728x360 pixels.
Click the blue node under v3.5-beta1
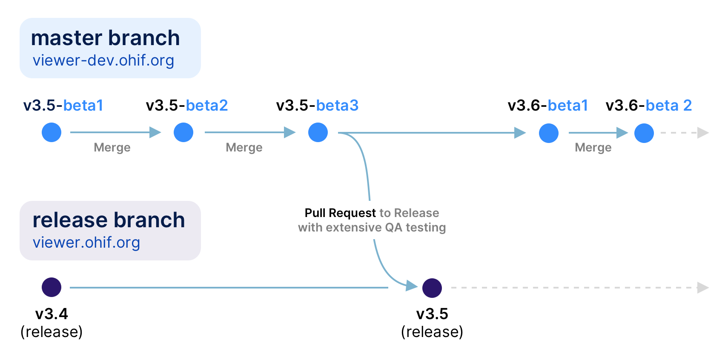click(x=52, y=132)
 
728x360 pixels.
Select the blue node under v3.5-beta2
click(x=183, y=132)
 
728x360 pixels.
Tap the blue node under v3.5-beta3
click(x=318, y=132)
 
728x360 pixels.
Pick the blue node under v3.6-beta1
click(x=549, y=133)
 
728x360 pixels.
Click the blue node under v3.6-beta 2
click(x=644, y=133)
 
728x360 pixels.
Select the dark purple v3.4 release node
click(x=52, y=287)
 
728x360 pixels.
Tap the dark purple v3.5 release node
click(x=432, y=288)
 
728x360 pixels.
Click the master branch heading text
click(x=106, y=38)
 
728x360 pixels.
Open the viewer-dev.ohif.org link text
click(x=103, y=60)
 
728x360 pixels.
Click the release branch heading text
click(x=109, y=220)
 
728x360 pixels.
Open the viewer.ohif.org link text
click(x=86, y=243)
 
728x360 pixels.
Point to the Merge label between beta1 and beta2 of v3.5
click(x=112, y=148)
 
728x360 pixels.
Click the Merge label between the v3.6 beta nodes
click(x=593, y=148)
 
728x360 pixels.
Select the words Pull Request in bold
click(x=340, y=213)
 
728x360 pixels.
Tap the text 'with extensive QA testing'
click(x=372, y=227)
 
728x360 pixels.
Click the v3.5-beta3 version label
click(x=317, y=105)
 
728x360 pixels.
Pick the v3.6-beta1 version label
click(x=548, y=105)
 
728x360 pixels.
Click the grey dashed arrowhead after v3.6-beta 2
click(x=703, y=133)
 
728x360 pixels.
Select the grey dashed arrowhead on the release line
click(x=703, y=288)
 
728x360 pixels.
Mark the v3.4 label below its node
click(x=52, y=314)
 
